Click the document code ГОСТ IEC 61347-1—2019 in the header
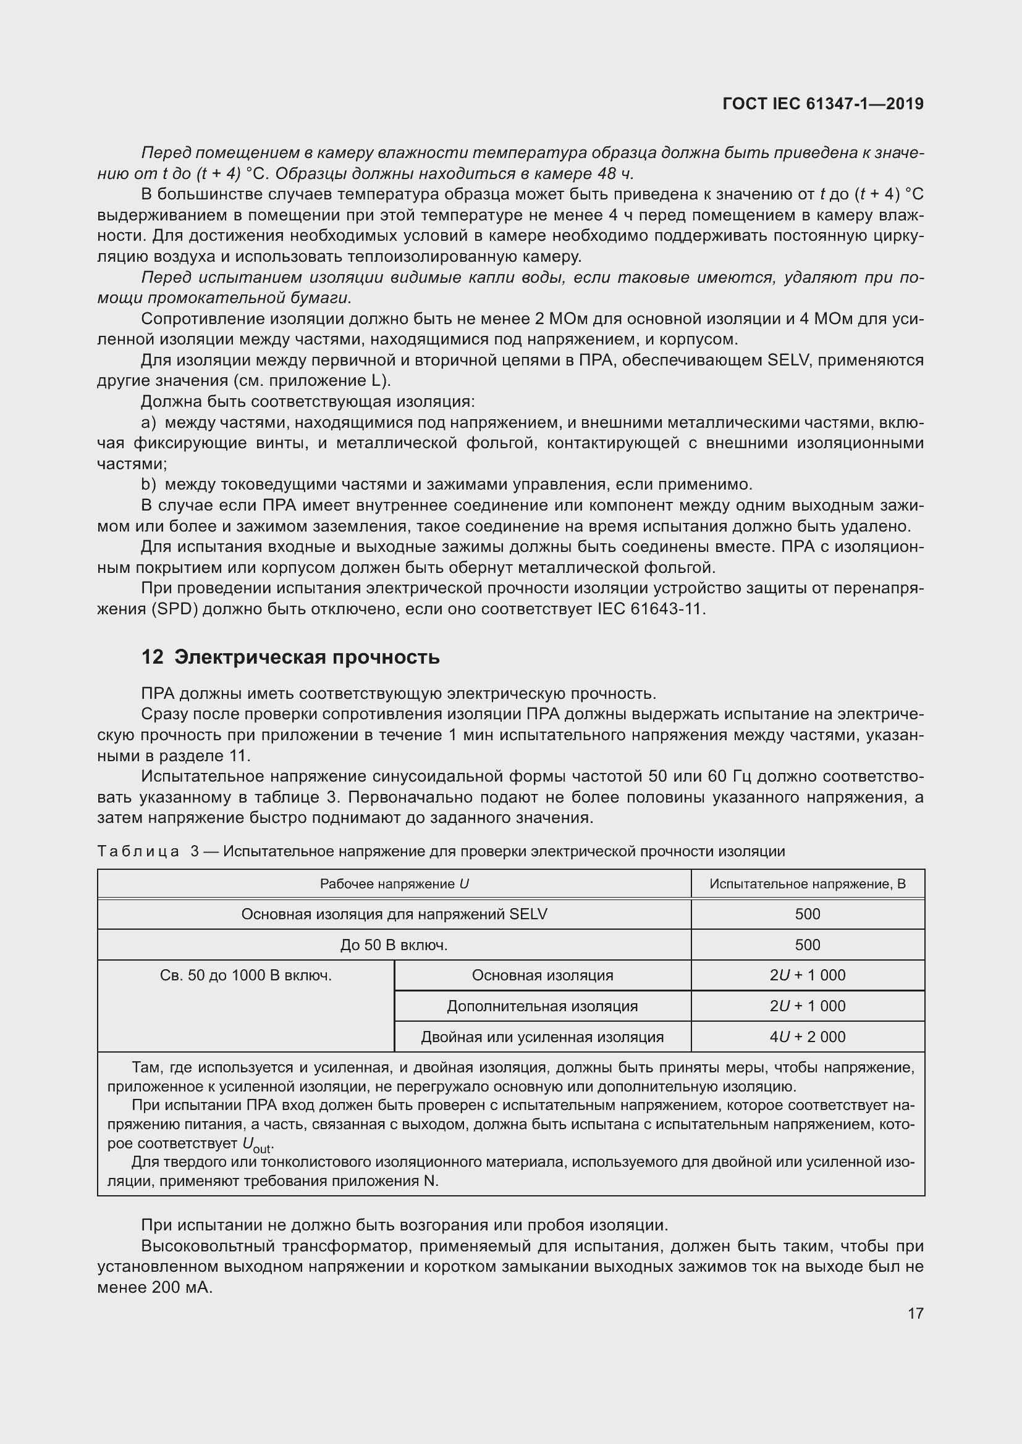tap(823, 104)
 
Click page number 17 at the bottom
tap(915, 1313)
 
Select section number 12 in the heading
tap(151, 657)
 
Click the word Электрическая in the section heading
tap(249, 657)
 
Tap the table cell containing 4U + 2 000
tap(808, 1037)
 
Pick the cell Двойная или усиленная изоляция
tap(542, 1037)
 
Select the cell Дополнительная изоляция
tap(542, 1006)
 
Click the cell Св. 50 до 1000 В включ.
tap(245, 975)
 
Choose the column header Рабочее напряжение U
tap(394, 883)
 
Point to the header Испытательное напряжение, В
tap(808, 883)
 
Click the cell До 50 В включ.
tap(394, 945)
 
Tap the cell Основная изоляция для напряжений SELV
tap(394, 914)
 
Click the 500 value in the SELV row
tap(808, 914)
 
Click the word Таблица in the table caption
tap(138, 851)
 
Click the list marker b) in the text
tap(148, 484)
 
